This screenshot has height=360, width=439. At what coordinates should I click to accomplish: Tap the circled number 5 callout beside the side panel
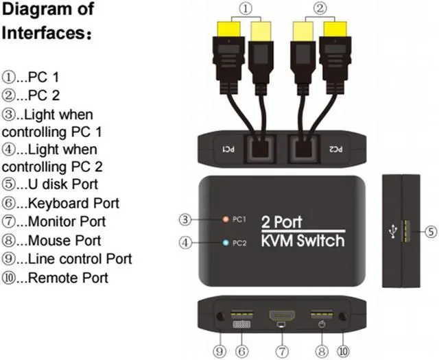[430, 232]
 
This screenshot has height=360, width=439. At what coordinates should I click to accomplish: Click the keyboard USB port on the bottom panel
[241, 317]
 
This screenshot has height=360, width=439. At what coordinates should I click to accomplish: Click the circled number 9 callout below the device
[219, 350]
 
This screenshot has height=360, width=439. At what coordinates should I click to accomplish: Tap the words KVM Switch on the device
[302, 241]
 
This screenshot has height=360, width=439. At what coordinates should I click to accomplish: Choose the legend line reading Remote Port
[55, 278]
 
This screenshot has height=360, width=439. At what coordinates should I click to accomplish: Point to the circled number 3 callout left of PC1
[185, 220]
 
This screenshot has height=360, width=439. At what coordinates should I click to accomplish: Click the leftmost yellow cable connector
[227, 33]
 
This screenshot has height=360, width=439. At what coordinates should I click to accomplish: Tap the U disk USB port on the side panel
[405, 232]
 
